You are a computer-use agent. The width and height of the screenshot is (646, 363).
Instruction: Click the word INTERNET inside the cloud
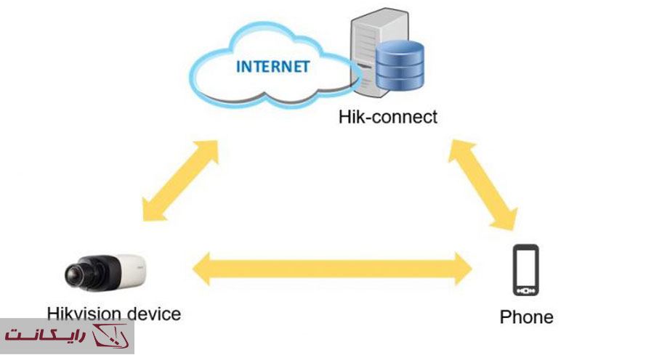point(272,68)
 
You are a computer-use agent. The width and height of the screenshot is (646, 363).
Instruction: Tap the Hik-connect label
point(388,116)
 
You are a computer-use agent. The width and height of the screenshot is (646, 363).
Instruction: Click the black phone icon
point(525,270)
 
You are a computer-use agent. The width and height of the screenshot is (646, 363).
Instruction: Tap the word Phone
point(526,317)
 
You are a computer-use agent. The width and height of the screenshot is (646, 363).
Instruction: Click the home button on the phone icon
point(525,290)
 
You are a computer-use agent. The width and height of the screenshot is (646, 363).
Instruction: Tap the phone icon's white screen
point(525,267)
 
